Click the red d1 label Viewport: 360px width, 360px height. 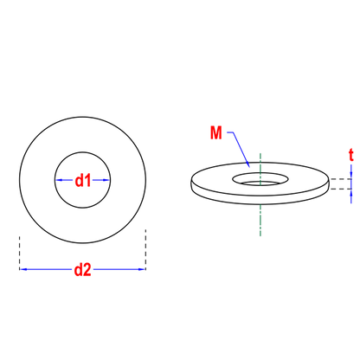pyautogui.click(x=83, y=181)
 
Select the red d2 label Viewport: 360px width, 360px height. pyautogui.click(x=83, y=270)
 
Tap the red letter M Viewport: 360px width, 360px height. pyautogui.click(x=216, y=133)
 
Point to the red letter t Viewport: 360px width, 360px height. pyautogui.click(x=351, y=155)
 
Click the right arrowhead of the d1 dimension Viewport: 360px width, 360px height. pyautogui.click(x=106, y=180)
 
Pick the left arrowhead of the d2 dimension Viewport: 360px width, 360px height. pyautogui.click(x=23, y=269)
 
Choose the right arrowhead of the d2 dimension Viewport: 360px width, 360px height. pyautogui.click(x=142, y=269)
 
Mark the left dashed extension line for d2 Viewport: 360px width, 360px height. pyautogui.click(x=20, y=253)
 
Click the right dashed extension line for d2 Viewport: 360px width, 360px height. pyautogui.click(x=145, y=249)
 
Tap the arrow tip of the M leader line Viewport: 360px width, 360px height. pyautogui.click(x=249, y=167)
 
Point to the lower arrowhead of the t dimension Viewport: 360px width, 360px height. pyautogui.click(x=351, y=193)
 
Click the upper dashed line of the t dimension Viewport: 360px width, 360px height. pyautogui.click(x=340, y=179)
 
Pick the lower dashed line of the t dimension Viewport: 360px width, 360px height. pyautogui.click(x=340, y=189)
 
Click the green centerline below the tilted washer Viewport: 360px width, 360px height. pyautogui.click(x=260, y=221)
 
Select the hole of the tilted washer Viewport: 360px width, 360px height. pyautogui.click(x=260, y=179)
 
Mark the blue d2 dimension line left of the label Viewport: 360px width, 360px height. pyautogui.click(x=46, y=269)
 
